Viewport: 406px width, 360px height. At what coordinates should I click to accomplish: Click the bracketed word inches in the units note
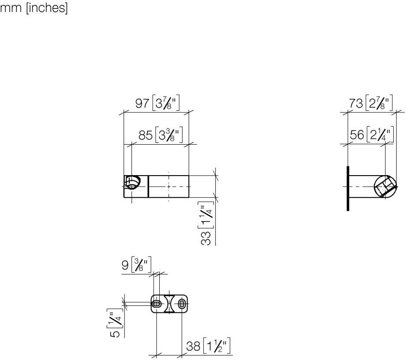click(x=47, y=8)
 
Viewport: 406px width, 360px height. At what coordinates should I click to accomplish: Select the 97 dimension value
click(x=142, y=103)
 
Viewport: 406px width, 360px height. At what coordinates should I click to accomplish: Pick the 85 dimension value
click(x=146, y=135)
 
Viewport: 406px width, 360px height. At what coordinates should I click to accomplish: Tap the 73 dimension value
click(x=356, y=103)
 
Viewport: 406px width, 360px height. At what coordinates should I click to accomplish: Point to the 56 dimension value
click(x=357, y=135)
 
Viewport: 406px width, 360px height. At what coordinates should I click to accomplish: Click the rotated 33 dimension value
click(x=206, y=238)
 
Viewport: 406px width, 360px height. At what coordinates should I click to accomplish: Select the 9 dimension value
click(x=125, y=265)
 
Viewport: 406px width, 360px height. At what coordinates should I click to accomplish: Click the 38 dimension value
click(x=193, y=346)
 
